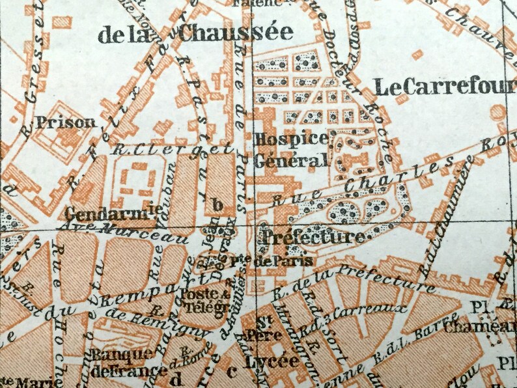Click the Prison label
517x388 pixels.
tap(66, 122)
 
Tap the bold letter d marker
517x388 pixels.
tap(175, 374)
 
